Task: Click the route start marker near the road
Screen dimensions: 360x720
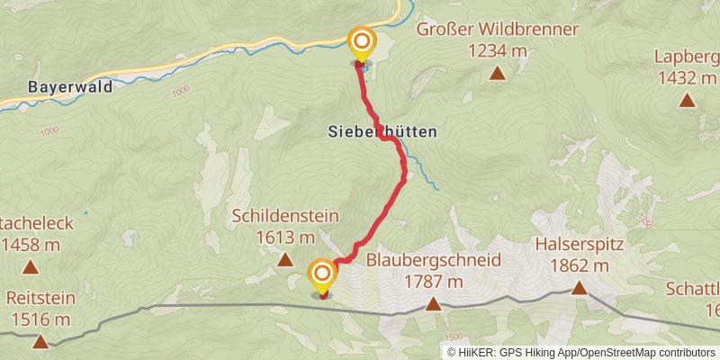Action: (362, 41)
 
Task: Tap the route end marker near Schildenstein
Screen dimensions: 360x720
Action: (322, 274)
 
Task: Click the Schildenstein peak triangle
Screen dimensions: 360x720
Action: (285, 261)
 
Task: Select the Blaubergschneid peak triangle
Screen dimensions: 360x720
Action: (433, 304)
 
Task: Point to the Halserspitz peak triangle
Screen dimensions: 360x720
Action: (579, 288)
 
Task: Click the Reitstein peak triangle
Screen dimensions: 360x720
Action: (40, 341)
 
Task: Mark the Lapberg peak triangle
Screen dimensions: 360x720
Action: (687, 100)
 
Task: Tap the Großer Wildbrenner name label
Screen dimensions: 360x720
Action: (497, 30)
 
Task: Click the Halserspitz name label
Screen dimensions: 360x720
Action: (580, 243)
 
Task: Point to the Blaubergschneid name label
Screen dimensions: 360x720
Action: (434, 260)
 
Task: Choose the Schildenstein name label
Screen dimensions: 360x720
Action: (284, 216)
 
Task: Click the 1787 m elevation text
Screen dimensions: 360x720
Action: (434, 282)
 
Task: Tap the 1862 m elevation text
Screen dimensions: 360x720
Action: (580, 265)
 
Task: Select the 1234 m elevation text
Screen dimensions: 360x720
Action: (497, 52)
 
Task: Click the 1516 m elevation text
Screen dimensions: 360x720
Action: (40, 319)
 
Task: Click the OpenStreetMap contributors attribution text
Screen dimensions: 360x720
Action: (646, 352)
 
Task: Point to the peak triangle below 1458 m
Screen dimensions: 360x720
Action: (31, 267)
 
